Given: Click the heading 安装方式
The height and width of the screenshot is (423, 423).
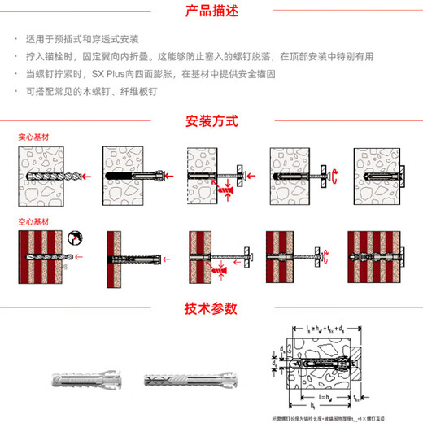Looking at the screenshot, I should (211, 121).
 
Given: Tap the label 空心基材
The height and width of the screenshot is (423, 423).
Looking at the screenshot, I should (33, 221).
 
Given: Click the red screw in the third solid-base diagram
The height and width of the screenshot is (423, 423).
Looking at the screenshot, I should (228, 187).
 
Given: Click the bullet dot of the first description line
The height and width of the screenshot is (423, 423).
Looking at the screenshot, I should (17, 39).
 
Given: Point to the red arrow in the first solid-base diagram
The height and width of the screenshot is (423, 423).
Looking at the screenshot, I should (85, 176).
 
